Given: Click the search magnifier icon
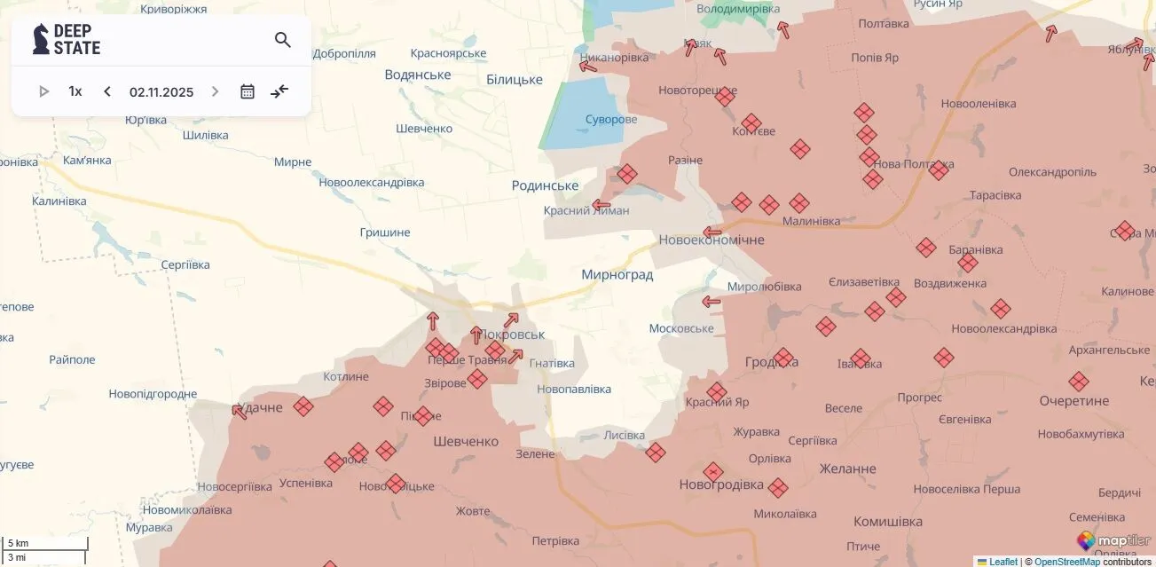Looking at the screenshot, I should point(283,40).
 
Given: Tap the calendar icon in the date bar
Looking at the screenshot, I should point(248,91).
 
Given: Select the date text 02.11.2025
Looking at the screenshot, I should point(161,91).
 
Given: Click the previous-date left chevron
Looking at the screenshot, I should point(107,91).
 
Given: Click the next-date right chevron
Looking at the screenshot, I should point(215,91).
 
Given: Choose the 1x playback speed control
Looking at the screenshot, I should point(75,91).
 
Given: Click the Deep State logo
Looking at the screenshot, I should point(67,40).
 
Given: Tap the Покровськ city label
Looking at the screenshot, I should point(513,335).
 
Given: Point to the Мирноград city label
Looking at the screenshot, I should point(617,274).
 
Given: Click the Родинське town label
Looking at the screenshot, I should point(545,185).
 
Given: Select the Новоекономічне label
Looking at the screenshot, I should point(712,240).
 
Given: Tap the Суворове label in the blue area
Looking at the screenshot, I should point(611,120).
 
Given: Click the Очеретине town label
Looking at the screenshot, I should point(1074,401).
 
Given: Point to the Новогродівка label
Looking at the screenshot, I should point(721,484).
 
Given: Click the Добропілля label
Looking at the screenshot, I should point(344,53).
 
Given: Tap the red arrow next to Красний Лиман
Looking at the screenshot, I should point(602,205).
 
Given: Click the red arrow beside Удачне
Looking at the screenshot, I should point(239,411).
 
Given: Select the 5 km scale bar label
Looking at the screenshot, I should point(19,543).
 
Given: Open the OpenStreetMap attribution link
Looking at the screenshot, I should point(1066,562).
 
